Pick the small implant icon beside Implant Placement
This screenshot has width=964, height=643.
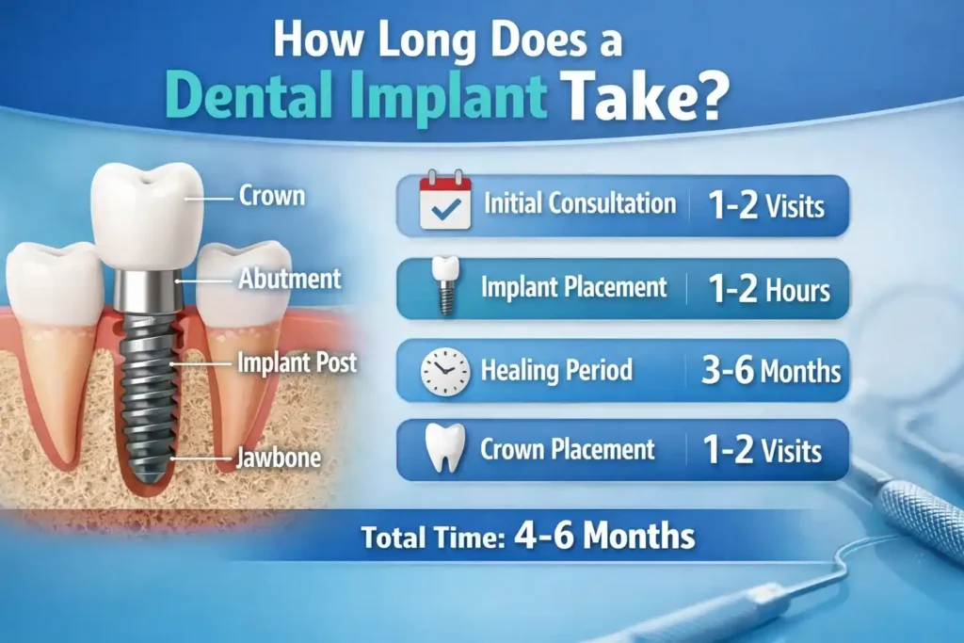pyautogui.click(x=445, y=283)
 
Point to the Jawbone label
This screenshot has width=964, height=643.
pyautogui.click(x=280, y=459)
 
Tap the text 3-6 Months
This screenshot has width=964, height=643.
pyautogui.click(x=770, y=370)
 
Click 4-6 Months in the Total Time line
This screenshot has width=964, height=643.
pyautogui.click(x=604, y=537)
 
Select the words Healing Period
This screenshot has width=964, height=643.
pyautogui.click(x=556, y=370)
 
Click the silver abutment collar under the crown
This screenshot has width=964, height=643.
pyautogui.click(x=149, y=288)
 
